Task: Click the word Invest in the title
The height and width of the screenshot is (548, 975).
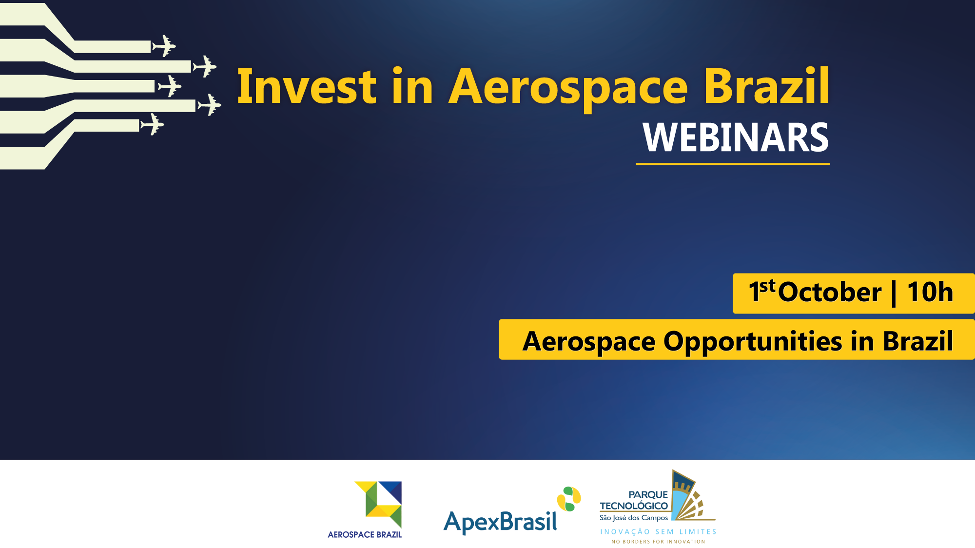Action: click(307, 86)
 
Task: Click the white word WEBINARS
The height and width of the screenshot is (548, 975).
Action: click(736, 137)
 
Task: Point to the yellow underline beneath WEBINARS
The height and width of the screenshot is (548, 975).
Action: click(733, 164)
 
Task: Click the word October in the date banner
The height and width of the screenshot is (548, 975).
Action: click(830, 292)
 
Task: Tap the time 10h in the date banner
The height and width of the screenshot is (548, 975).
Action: click(930, 292)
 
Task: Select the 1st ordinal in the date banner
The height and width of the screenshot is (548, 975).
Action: click(762, 291)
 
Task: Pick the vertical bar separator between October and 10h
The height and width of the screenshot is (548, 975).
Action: click(894, 293)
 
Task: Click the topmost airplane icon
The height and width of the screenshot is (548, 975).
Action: click(164, 46)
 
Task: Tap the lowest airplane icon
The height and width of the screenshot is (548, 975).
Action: click(152, 124)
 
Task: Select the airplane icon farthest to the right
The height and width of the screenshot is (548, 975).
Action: click(209, 105)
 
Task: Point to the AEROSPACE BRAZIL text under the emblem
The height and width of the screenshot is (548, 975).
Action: click(365, 535)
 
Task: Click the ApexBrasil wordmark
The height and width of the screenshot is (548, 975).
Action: click(500, 522)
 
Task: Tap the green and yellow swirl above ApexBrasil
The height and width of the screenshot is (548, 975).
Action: click(569, 499)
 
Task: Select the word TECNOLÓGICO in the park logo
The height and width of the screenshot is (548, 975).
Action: click(634, 506)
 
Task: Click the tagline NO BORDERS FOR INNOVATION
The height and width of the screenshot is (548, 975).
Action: click(658, 542)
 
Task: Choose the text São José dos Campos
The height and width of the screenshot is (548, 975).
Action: click(634, 518)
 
